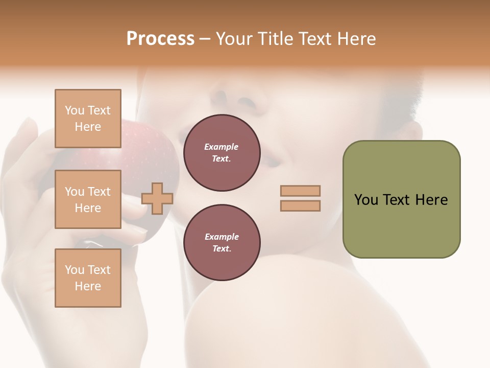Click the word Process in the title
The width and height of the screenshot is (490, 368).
(x=160, y=39)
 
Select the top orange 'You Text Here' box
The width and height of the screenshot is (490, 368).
(x=88, y=119)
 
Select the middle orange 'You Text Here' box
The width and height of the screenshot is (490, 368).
(x=88, y=199)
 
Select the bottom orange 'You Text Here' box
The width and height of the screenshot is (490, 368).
(x=88, y=278)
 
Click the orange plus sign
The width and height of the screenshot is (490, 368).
(x=157, y=198)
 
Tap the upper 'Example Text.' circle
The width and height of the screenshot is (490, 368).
(x=222, y=153)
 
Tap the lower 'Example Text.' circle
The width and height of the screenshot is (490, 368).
(x=222, y=243)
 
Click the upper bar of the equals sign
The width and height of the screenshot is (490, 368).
(x=300, y=191)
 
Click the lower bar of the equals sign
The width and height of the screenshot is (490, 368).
(x=300, y=206)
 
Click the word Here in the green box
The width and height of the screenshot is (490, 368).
(x=431, y=200)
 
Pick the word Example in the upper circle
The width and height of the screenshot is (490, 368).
(x=222, y=147)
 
